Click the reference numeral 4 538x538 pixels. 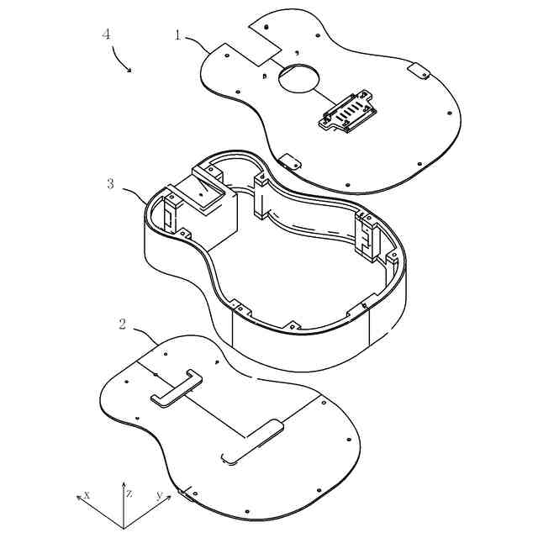pos(106,34)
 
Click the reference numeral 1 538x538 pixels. pos(178,34)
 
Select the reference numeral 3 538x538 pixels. pos(110,183)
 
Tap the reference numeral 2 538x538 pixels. pos(123,324)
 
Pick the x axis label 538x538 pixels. pos(87,495)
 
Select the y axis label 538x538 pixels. pos(158,495)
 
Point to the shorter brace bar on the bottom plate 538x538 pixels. pos(176,388)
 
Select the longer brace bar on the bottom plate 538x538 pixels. pos(252,441)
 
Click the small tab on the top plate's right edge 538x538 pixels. pos(418,71)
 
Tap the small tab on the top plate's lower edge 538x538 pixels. pos(289,160)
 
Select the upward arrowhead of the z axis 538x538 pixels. pos(124,486)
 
